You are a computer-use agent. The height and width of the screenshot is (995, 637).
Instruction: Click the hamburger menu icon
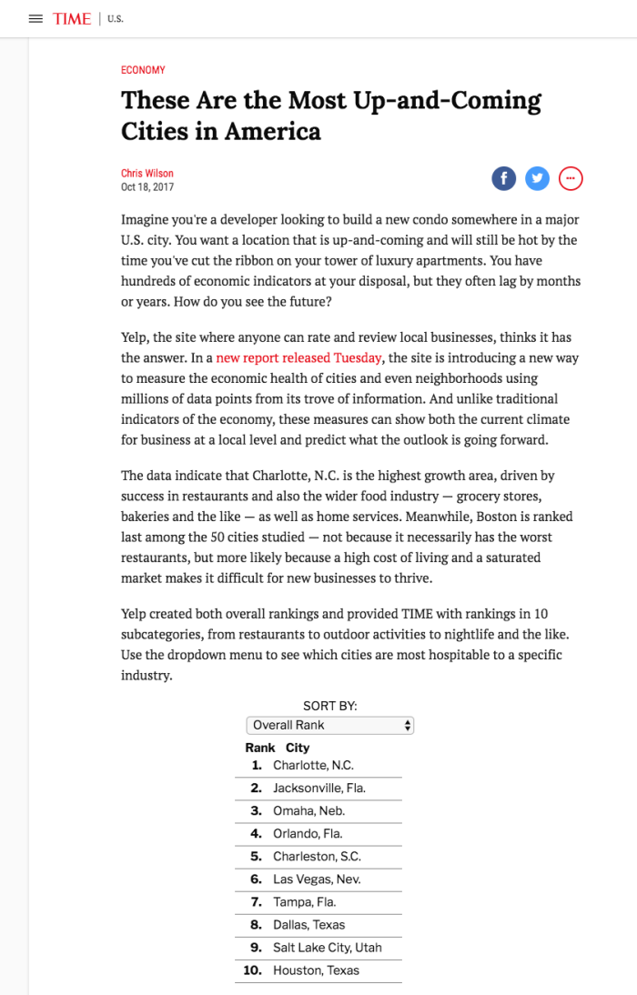tap(35, 19)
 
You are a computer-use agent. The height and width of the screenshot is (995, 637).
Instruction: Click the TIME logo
tap(72, 19)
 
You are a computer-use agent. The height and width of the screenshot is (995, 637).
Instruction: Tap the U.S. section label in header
tap(116, 19)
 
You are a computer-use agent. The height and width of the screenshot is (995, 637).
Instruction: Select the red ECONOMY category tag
tap(143, 70)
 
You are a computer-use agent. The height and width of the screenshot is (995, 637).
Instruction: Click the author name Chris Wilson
tap(147, 174)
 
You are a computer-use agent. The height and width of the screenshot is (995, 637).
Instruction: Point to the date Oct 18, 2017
tap(147, 187)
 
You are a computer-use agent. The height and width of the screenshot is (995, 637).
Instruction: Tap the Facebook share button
tap(503, 178)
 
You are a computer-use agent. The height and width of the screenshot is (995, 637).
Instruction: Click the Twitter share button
tap(537, 178)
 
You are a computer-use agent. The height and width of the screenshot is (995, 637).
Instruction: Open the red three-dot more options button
tap(571, 178)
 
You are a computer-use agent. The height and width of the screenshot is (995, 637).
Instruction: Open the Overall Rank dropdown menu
tap(329, 725)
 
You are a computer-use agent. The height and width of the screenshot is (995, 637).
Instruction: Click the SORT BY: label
tap(329, 706)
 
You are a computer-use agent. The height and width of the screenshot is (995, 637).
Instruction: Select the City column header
tap(298, 748)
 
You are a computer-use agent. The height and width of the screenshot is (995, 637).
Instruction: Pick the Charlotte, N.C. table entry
tap(313, 766)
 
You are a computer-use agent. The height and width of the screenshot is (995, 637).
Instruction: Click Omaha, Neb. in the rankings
tap(308, 810)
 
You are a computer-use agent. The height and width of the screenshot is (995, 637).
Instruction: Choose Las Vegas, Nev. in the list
tap(317, 879)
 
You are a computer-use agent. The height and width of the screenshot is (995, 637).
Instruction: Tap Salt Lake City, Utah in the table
tap(327, 948)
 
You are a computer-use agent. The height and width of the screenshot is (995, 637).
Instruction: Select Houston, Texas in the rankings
tap(316, 970)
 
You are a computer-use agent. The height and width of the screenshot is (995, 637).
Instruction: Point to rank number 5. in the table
tap(256, 857)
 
